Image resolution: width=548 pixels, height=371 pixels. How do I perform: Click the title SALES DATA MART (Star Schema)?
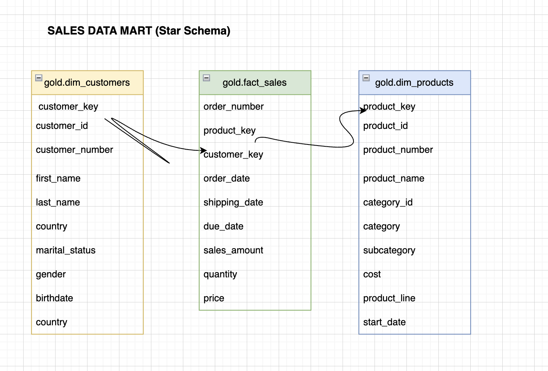pyautogui.click(x=139, y=31)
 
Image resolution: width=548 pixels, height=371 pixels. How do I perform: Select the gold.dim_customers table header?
pyautogui.click(x=87, y=83)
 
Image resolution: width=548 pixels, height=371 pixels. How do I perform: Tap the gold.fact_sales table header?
pyautogui.click(x=255, y=83)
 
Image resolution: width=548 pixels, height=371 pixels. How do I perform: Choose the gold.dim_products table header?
pyautogui.click(x=414, y=83)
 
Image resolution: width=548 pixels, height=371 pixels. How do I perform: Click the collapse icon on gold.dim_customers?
pyautogui.click(x=39, y=78)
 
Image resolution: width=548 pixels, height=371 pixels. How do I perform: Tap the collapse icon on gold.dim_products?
pyautogui.click(x=366, y=78)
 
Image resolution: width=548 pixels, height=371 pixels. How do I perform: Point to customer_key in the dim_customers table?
pyautogui.click(x=68, y=106)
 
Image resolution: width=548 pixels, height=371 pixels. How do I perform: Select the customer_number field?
pyautogui.click(x=74, y=150)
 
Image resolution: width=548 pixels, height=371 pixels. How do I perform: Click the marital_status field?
pyautogui.click(x=66, y=250)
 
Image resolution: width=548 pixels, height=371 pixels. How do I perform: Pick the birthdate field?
pyautogui.click(x=54, y=298)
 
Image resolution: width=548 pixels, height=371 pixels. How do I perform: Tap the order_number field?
pyautogui.click(x=233, y=106)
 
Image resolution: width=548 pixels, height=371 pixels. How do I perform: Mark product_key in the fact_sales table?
pyautogui.click(x=229, y=130)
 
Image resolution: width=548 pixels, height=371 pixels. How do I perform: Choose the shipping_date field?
pyautogui.click(x=233, y=202)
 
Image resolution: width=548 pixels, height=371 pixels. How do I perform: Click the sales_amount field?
pyautogui.click(x=233, y=250)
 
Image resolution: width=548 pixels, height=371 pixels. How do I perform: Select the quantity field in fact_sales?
pyautogui.click(x=220, y=274)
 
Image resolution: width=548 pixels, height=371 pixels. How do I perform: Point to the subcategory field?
pyautogui.click(x=389, y=250)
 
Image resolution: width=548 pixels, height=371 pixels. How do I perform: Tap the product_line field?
pyautogui.click(x=389, y=298)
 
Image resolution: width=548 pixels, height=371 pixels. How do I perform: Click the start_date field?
pyautogui.click(x=384, y=322)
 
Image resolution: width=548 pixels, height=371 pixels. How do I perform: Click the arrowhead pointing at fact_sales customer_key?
pyautogui.click(x=204, y=150)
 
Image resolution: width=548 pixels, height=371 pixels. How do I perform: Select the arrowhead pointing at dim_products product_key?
pyautogui.click(x=363, y=110)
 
